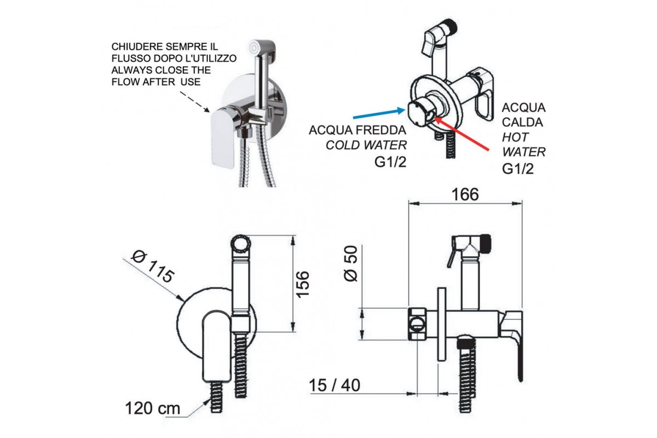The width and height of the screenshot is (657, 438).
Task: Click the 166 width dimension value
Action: coord(466,194)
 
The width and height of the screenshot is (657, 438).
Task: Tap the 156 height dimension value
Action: coord(303,283)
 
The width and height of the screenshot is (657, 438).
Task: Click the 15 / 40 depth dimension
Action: coord(335,386)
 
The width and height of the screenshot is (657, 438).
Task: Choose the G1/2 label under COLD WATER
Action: coord(393,162)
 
